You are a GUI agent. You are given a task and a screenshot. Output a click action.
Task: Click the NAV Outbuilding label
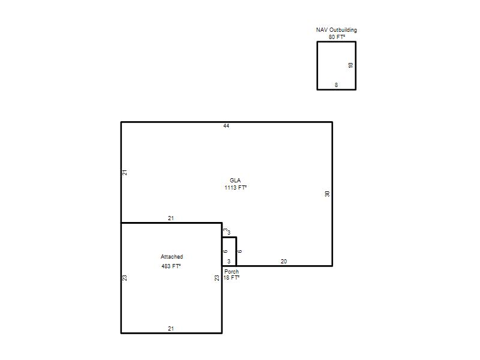[337, 30]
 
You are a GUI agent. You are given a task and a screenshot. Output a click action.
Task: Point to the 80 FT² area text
[337, 37]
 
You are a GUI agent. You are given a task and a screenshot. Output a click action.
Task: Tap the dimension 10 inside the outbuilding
[350, 65]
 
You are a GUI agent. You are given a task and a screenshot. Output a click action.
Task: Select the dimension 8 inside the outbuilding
[336, 85]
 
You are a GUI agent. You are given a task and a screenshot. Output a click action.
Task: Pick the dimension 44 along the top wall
[226, 126]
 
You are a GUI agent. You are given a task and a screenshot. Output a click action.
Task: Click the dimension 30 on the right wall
[327, 194]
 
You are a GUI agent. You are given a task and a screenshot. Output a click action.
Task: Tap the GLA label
[235, 181]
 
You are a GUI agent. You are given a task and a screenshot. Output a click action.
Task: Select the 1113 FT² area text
[235, 188]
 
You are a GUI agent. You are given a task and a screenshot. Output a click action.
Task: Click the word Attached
[172, 257]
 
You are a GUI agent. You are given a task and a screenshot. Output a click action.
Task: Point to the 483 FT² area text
[171, 266]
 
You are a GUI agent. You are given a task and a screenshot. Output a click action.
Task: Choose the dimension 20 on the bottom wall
[284, 262]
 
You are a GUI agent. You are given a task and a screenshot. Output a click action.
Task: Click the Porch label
[232, 272]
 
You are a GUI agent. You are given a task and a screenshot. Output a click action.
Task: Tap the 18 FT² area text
[232, 278]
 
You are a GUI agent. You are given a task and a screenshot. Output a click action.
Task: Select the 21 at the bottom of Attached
[171, 329]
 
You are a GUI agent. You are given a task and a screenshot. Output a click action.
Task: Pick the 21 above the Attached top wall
[171, 218]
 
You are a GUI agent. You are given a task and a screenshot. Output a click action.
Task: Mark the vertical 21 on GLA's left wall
[125, 172]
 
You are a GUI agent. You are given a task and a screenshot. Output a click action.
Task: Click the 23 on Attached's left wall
[125, 278]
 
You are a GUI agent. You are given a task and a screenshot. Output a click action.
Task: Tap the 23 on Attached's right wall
[217, 278]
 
